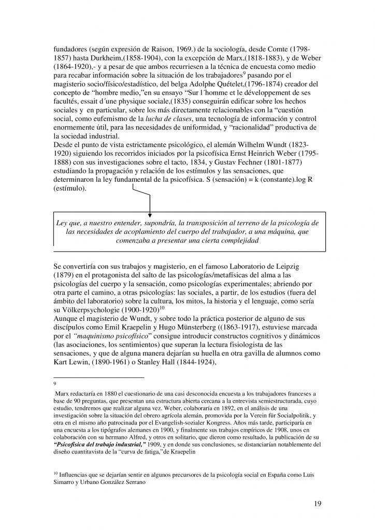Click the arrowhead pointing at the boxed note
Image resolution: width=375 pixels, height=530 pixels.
tap(150, 214)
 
